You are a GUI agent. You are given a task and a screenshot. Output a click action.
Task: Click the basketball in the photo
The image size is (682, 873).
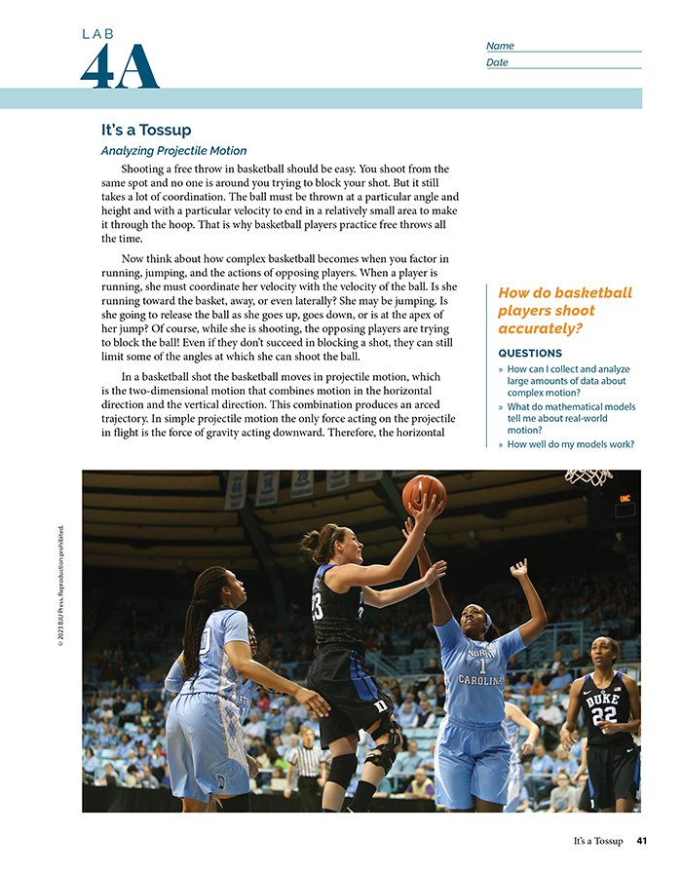423,493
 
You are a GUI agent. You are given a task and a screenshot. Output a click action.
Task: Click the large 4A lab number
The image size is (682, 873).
119,66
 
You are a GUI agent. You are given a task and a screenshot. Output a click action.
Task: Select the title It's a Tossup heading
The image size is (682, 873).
146,130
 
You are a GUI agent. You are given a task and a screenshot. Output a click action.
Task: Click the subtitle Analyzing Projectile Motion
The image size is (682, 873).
173,151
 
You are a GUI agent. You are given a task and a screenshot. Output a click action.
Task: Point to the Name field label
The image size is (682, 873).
500,46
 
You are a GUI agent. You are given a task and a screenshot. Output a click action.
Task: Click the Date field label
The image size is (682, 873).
497,62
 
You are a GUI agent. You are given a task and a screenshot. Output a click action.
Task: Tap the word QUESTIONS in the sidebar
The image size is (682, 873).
530,353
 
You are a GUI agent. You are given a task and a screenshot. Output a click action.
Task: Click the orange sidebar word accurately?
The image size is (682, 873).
539,329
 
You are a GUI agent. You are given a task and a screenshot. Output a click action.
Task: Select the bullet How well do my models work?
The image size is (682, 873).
570,444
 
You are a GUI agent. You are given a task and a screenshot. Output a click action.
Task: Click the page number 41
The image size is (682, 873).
641,841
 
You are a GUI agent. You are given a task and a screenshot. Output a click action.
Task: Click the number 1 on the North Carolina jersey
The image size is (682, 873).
481,665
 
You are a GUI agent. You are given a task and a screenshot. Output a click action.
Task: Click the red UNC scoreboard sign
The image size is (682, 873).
624,498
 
